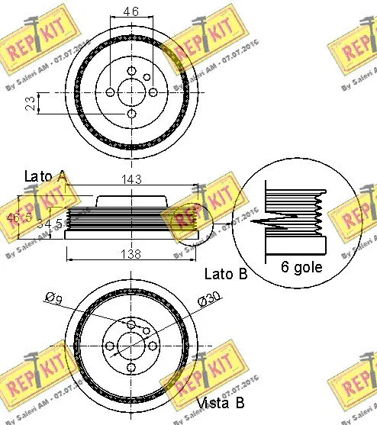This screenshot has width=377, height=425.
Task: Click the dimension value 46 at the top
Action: [x=131, y=11]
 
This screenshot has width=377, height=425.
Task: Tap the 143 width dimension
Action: [x=132, y=180]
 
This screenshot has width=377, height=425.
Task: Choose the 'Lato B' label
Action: [x=225, y=274]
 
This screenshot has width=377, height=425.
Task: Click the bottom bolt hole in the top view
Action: [x=131, y=114]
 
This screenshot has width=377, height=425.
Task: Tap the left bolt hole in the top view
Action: [x=110, y=92]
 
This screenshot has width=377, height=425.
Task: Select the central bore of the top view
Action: [x=131, y=92]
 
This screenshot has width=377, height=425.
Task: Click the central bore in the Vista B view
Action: [x=131, y=347]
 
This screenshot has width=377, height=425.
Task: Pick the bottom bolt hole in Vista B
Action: [x=131, y=369]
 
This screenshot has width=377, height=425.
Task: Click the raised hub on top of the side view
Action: [x=131, y=200]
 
